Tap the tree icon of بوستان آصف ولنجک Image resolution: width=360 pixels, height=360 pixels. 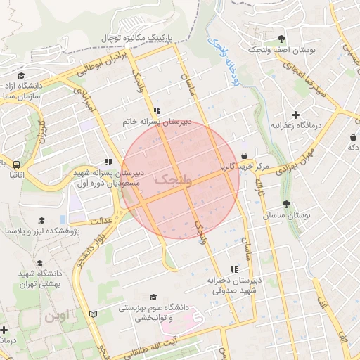pyautogui.click(x=282, y=39)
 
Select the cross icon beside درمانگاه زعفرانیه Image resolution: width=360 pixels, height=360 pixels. pyautogui.click(x=295, y=115)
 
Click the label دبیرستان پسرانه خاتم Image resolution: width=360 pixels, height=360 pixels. pyautogui.click(x=157, y=122)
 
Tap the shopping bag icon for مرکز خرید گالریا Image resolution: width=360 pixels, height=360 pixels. pyautogui.click(x=245, y=156)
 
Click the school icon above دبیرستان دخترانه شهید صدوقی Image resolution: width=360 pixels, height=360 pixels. pyautogui.click(x=234, y=269)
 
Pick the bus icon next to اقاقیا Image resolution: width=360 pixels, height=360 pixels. pyautogui.click(x=6, y=162)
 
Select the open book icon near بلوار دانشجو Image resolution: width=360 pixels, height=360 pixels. pyautogui.click(x=94, y=314)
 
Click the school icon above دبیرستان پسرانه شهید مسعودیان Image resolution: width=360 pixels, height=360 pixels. pyautogui.click(x=108, y=162)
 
